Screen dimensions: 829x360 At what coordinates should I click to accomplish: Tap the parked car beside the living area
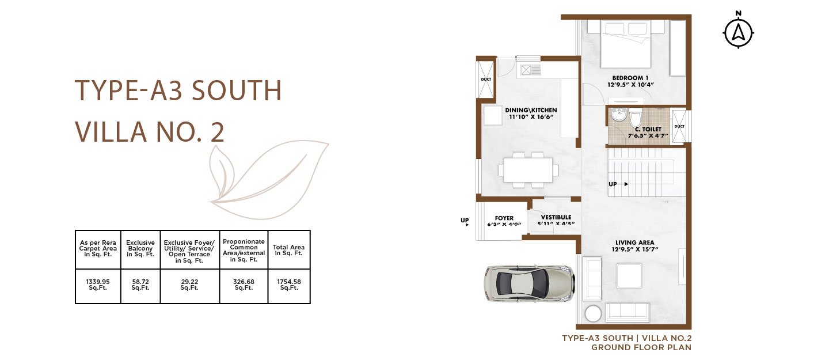[529, 284]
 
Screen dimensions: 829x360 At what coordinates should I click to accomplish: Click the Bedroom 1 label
[630, 81]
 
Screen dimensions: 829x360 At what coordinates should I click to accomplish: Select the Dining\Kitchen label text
[531, 113]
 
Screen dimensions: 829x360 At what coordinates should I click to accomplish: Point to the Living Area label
[634, 246]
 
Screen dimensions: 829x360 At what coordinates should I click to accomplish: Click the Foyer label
[504, 221]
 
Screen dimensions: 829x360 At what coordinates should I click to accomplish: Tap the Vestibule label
[556, 221]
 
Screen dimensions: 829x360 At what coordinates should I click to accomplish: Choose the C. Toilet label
[648, 132]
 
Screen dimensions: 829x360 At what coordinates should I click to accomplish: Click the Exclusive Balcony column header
[140, 249]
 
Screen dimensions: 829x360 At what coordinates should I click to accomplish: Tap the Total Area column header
[288, 250]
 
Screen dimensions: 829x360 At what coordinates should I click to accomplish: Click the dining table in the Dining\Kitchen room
[528, 170]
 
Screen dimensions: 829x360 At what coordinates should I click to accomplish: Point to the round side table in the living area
[593, 313]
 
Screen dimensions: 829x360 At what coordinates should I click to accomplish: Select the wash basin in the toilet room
[618, 115]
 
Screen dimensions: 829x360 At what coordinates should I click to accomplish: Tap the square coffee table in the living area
[629, 276]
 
